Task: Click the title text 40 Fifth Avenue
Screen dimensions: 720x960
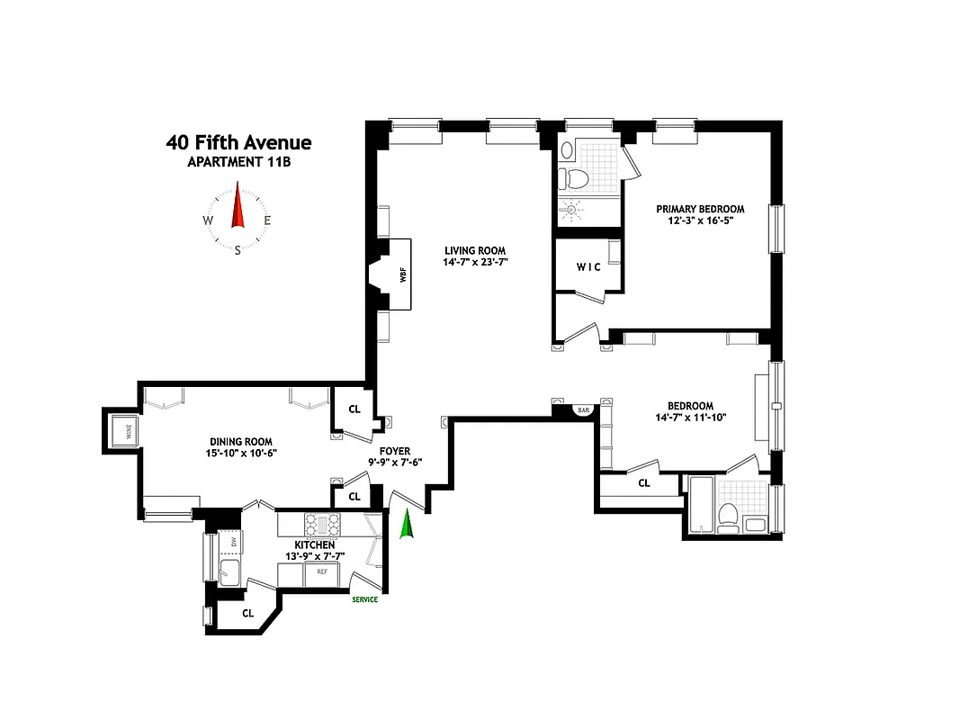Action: point(238,142)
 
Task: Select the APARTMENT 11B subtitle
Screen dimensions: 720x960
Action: point(238,163)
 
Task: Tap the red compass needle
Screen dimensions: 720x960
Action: point(238,206)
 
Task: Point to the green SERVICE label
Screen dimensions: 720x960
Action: point(364,600)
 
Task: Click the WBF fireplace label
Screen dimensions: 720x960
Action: point(402,275)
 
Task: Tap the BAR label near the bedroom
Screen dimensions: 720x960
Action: point(583,410)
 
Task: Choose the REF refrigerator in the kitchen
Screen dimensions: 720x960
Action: point(321,571)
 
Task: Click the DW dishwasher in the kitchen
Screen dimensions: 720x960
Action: point(233,543)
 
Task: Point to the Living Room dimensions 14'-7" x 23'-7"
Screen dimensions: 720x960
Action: point(475,263)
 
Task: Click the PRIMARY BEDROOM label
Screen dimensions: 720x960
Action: point(700,209)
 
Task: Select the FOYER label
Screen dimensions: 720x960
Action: point(395,450)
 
